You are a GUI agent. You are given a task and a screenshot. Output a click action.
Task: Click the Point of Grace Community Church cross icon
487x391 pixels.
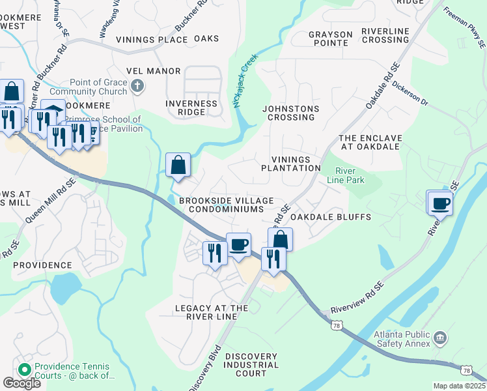137,85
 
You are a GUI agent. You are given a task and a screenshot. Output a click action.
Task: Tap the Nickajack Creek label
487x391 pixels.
246,81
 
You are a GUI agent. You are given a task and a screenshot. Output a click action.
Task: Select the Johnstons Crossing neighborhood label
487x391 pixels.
288,113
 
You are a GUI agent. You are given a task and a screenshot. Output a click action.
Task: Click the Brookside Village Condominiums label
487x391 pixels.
226,205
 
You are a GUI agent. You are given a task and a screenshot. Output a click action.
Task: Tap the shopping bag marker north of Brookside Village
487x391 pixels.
178,166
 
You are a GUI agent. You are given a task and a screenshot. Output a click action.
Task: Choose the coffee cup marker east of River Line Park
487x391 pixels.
440,203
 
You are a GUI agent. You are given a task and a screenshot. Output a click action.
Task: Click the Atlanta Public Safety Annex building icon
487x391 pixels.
440,338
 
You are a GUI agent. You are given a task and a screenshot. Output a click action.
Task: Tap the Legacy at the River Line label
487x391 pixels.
212,312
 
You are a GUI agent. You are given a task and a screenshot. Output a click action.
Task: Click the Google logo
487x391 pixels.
21,383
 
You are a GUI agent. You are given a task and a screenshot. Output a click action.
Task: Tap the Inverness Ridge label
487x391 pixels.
191,108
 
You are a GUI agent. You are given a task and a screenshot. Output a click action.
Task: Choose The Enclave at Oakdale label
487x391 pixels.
369,142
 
